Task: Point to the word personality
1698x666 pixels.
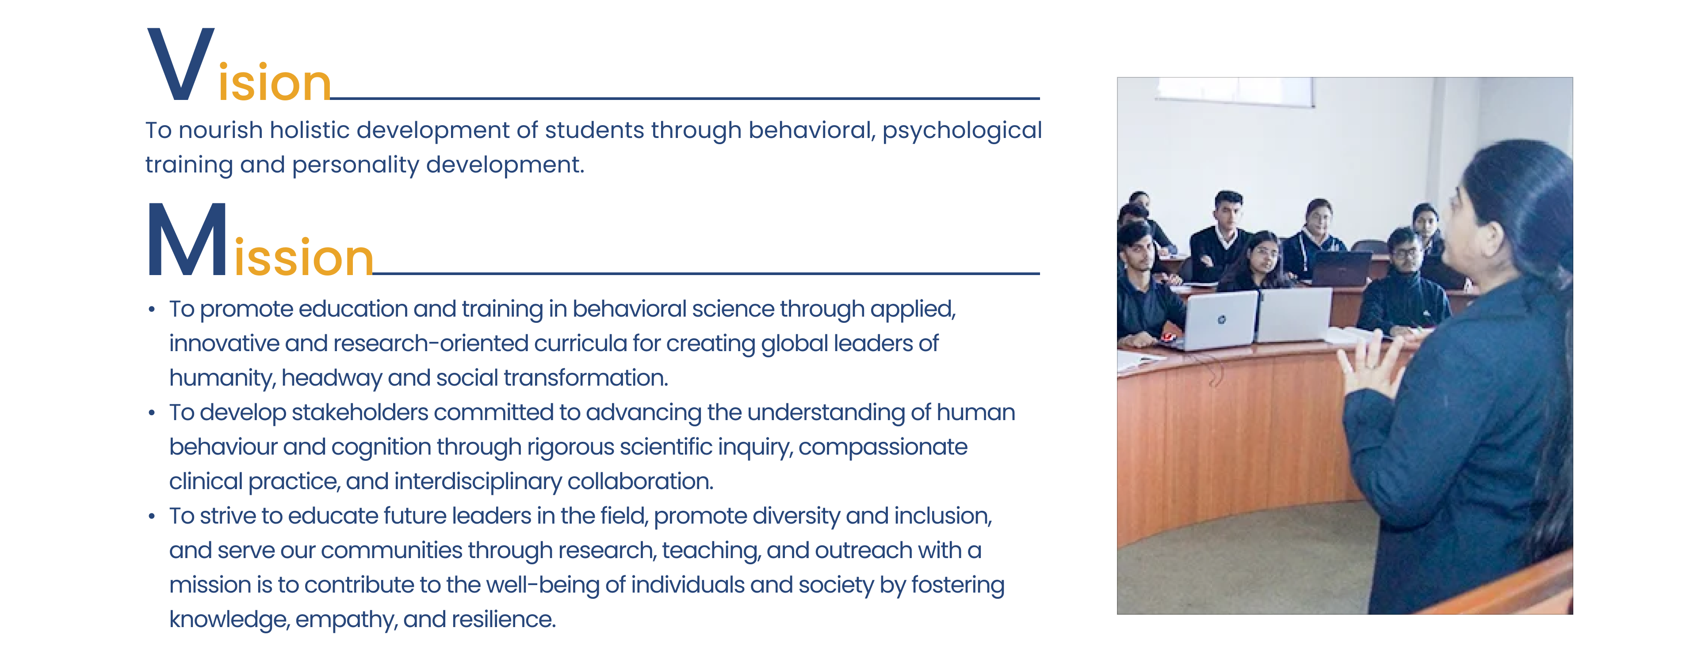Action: (x=355, y=165)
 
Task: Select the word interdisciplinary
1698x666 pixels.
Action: (x=478, y=482)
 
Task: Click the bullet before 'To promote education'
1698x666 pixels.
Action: (x=152, y=309)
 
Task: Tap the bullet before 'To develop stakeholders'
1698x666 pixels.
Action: (x=152, y=413)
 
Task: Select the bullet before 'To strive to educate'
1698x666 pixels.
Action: (x=152, y=517)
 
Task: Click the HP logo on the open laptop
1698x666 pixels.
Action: (x=1221, y=320)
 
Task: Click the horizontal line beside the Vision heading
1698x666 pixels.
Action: (x=685, y=98)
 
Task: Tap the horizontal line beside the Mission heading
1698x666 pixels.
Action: (x=706, y=273)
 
